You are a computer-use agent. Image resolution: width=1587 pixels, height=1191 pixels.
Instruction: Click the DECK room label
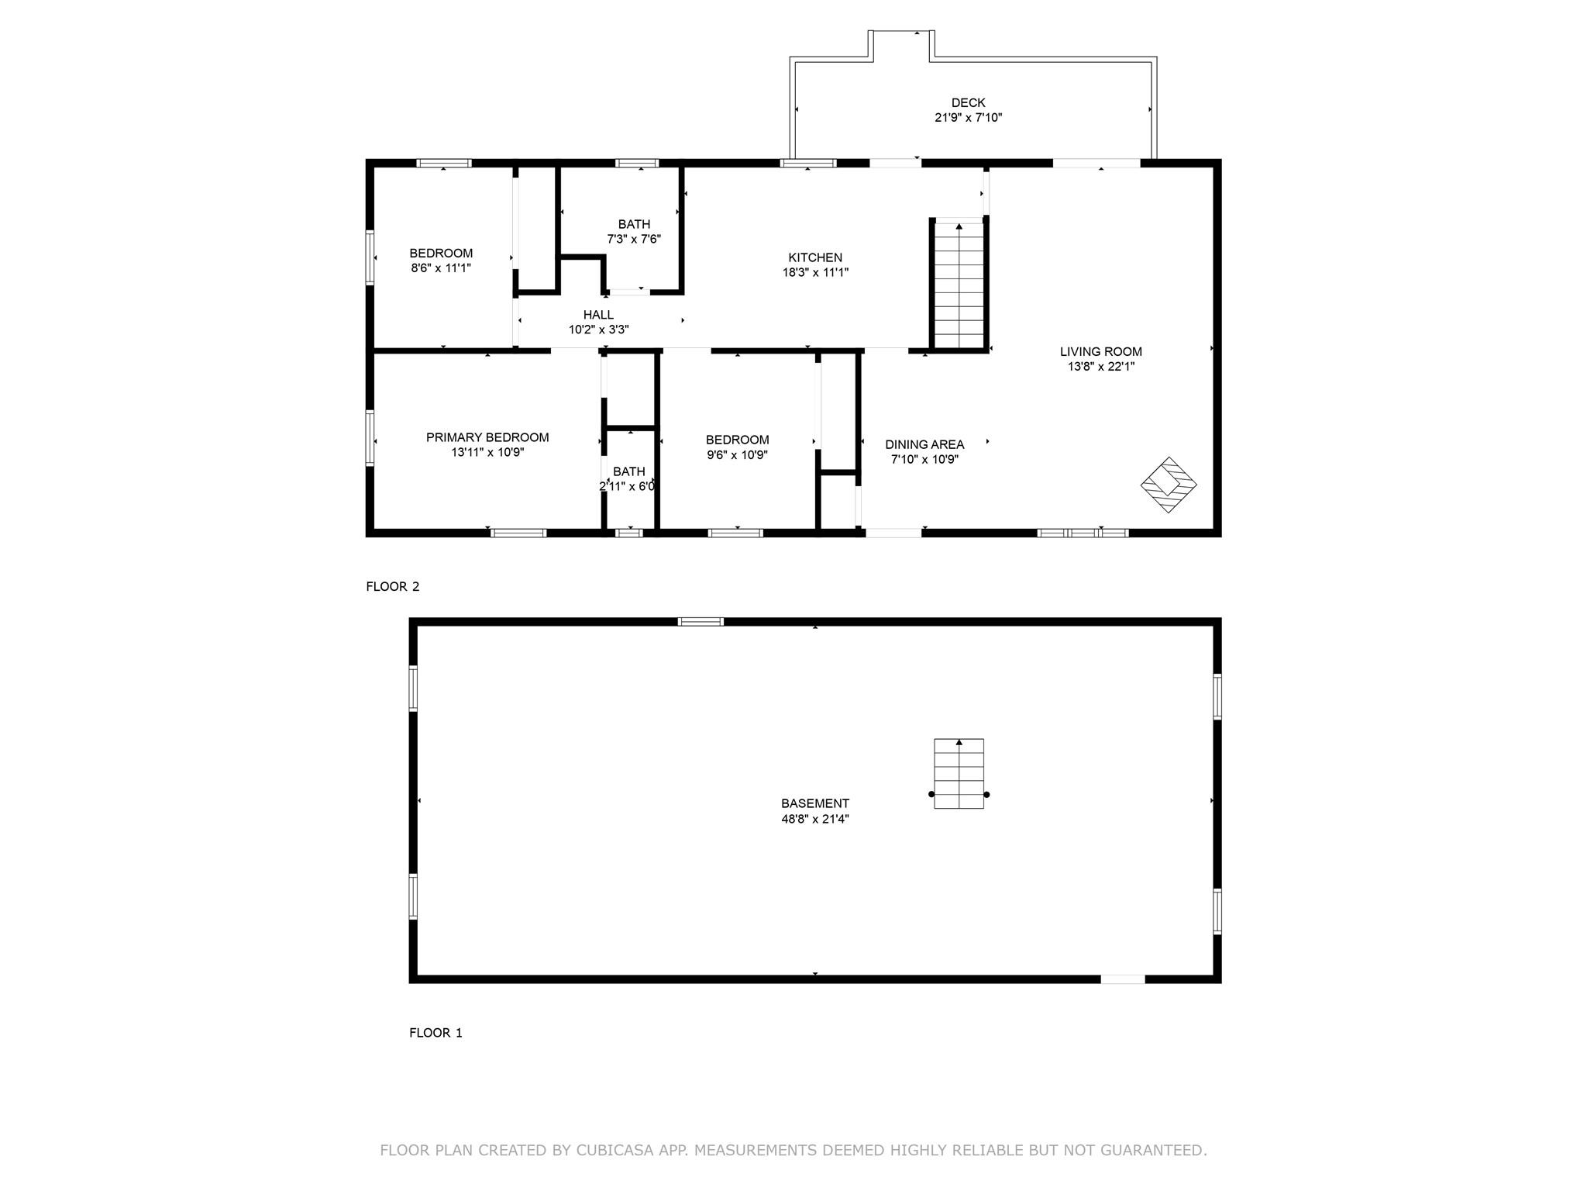[x=968, y=102]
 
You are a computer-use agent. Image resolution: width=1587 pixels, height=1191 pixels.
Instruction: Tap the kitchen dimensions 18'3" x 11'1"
[x=815, y=272]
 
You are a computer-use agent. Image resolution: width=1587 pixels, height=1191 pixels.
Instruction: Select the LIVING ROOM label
[x=1100, y=351]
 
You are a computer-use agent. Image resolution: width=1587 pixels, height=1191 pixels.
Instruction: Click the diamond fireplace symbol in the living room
[x=1168, y=485]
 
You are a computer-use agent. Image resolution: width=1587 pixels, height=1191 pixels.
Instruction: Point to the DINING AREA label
[x=924, y=444]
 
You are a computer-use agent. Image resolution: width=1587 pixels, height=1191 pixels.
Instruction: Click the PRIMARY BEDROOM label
[x=487, y=437]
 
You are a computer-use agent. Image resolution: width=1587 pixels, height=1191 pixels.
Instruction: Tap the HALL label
[x=598, y=315]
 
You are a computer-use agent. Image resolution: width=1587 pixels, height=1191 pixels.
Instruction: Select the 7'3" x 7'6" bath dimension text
[x=634, y=239]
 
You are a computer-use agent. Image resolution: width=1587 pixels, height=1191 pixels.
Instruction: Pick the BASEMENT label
[x=814, y=803]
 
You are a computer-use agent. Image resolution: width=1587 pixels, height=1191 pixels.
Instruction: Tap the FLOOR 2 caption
[x=392, y=586]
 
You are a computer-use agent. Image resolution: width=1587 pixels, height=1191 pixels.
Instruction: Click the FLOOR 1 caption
[x=435, y=1032]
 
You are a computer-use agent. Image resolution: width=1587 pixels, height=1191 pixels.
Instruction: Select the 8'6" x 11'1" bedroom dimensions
[x=441, y=268]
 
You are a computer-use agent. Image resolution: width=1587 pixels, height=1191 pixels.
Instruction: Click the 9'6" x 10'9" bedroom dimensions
[x=737, y=455]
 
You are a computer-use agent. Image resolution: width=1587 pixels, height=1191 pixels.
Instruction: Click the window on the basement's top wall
[x=701, y=621]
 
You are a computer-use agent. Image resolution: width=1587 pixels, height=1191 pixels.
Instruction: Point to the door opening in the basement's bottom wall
[x=1123, y=979]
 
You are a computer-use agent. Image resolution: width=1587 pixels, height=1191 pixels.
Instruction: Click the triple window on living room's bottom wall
[x=1083, y=533]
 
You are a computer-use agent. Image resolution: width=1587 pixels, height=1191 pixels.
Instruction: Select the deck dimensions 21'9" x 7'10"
[x=968, y=118]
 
